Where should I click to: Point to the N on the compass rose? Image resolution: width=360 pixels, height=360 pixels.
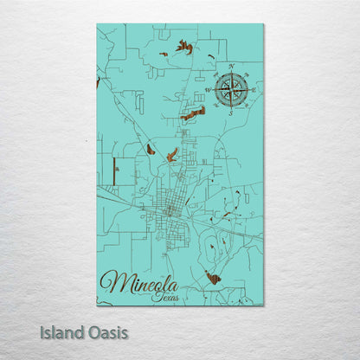[232, 66]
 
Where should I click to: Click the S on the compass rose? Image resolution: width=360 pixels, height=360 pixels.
[232, 112]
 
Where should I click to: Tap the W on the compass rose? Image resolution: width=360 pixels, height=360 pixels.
[209, 89]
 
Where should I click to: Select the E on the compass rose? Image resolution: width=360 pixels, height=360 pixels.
[254, 88]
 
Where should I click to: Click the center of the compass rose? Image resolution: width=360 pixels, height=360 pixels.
[232, 88]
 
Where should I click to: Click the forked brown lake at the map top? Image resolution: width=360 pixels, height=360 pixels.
[183, 47]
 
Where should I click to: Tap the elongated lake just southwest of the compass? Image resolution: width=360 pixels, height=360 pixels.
[194, 113]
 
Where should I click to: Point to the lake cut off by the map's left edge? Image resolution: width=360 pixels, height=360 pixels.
[98, 82]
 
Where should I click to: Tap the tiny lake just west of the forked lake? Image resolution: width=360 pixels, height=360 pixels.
[164, 54]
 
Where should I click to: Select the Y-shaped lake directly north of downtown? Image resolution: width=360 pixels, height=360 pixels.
[171, 155]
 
